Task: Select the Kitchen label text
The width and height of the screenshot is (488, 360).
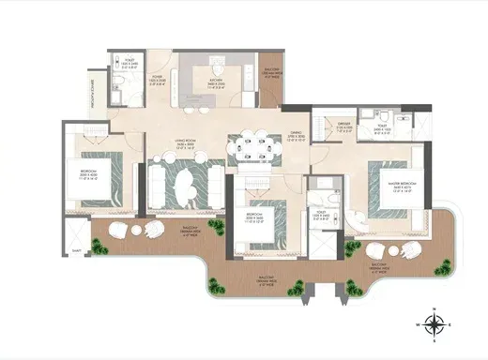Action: [215, 82]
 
